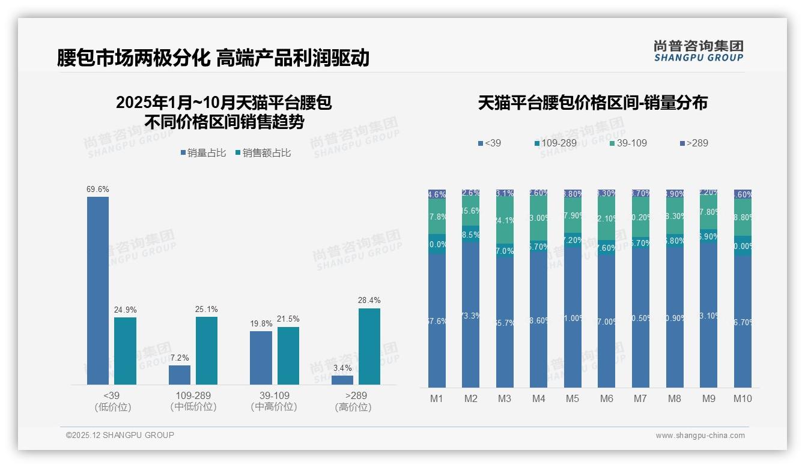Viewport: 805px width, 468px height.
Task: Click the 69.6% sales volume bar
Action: tap(98, 290)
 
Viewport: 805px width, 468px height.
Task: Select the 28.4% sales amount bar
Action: tap(369, 346)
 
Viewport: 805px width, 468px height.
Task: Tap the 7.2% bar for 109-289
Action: tap(180, 375)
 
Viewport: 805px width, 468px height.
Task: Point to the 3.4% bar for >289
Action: tap(342, 380)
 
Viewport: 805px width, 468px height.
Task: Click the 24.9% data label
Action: tap(126, 310)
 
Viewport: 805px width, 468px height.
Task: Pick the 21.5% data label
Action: tap(288, 319)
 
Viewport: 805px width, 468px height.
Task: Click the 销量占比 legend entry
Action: tap(203, 153)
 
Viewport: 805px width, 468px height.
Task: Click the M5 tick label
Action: tap(573, 398)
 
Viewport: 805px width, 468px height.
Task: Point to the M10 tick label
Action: tap(743, 398)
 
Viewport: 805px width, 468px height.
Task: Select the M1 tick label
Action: tap(437, 398)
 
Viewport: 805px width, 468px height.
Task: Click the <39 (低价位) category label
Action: tap(112, 401)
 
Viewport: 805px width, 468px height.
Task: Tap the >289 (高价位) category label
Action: tap(353, 401)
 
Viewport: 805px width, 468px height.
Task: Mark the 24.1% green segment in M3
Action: tap(505, 221)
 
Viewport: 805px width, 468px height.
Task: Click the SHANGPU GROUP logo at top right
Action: tap(699, 51)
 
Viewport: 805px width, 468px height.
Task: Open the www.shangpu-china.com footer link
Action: tap(700, 436)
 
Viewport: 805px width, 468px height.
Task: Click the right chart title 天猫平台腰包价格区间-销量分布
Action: tap(592, 103)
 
